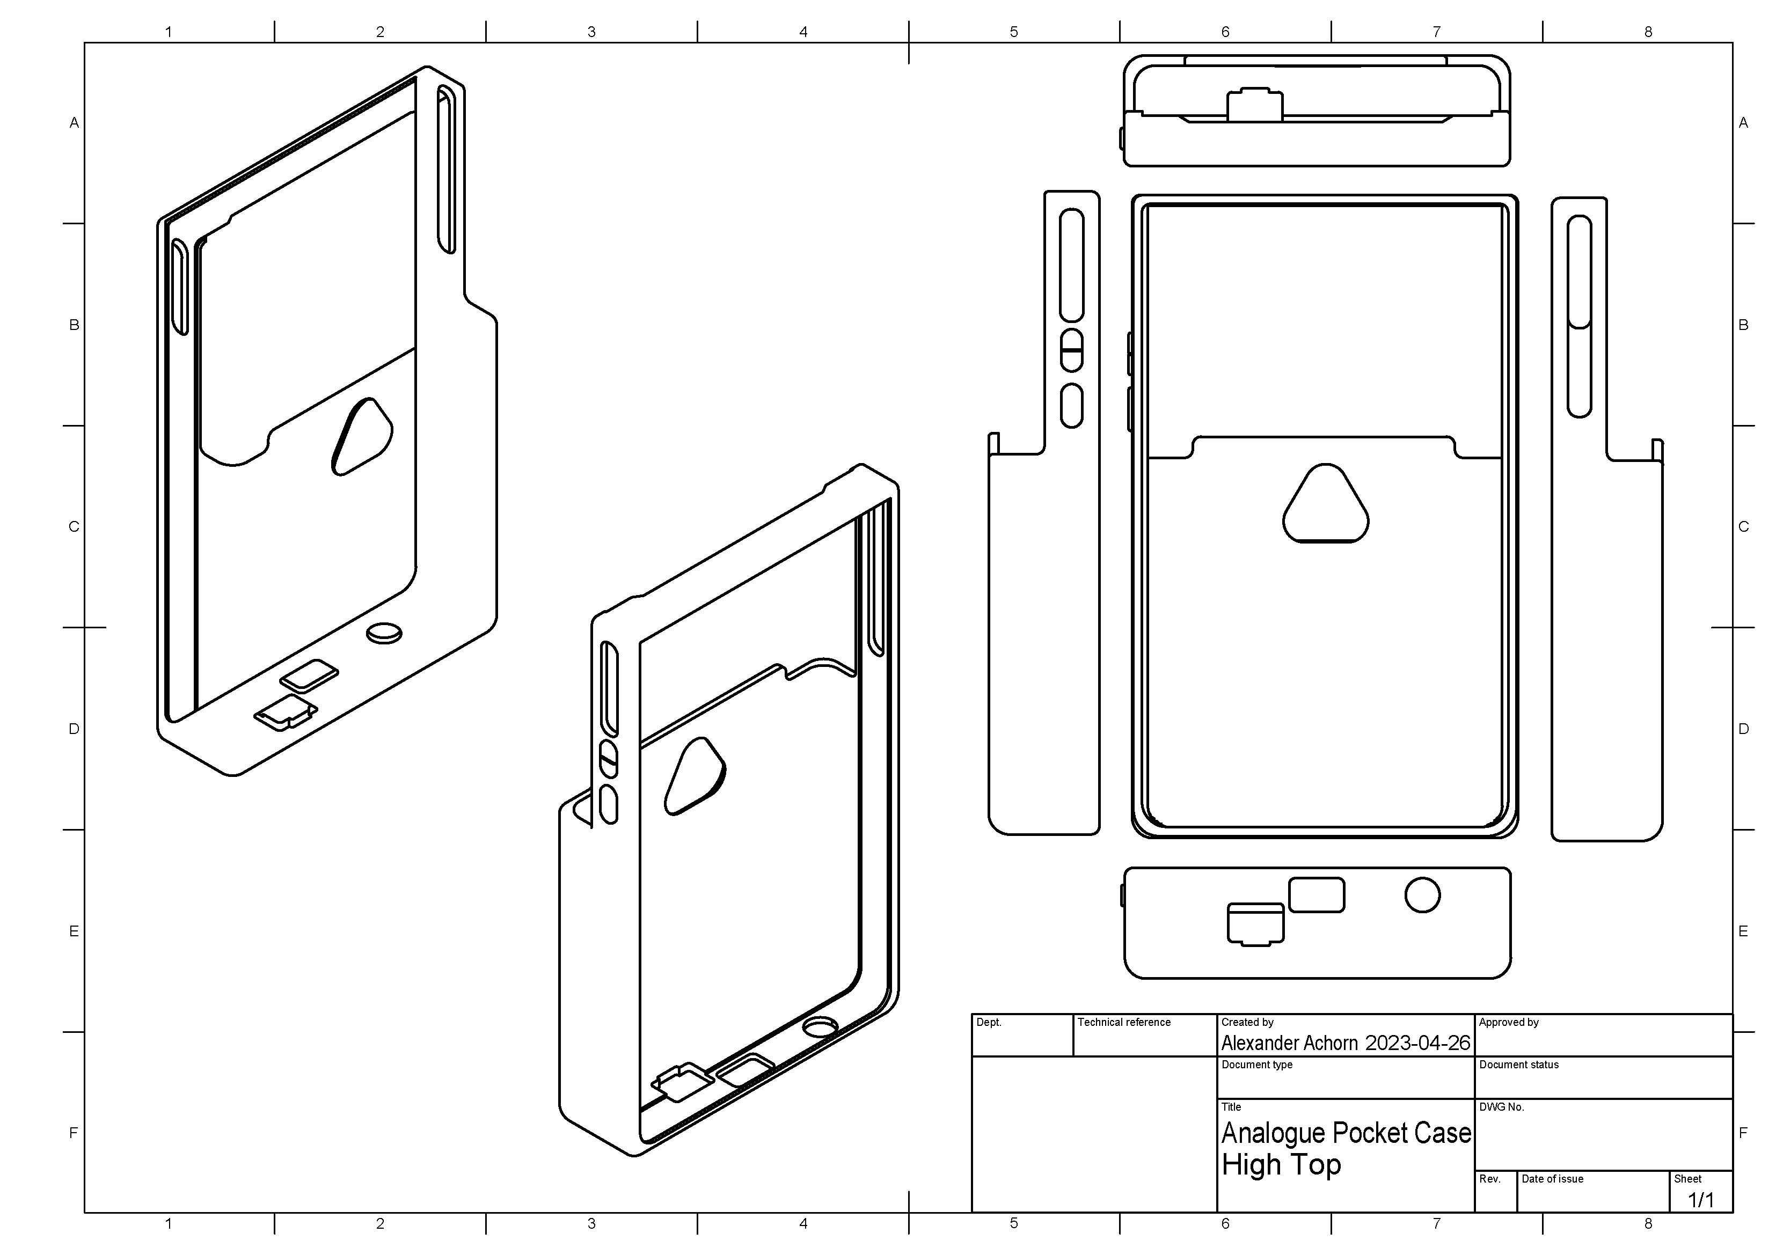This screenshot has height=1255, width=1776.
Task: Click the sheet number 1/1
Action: [1700, 1200]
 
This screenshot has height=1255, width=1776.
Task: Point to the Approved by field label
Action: [1508, 1022]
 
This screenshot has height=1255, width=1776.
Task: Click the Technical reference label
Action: [1124, 1022]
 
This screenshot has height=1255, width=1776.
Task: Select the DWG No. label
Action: [1501, 1107]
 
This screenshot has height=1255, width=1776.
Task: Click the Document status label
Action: [1518, 1065]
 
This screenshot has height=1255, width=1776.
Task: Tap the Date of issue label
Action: [1552, 1179]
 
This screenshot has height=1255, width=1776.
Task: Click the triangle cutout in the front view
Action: [1326, 507]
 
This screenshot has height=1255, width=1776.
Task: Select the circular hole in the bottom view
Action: [1422, 896]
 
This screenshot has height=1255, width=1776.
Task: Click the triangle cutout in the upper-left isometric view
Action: [362, 436]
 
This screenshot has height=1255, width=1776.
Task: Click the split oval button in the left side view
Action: [1071, 350]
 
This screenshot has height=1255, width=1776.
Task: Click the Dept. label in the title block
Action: [989, 1022]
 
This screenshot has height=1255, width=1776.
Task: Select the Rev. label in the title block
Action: [1489, 1179]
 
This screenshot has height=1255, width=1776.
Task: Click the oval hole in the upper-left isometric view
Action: [384, 633]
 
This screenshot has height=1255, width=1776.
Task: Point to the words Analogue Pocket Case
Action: [1346, 1133]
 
